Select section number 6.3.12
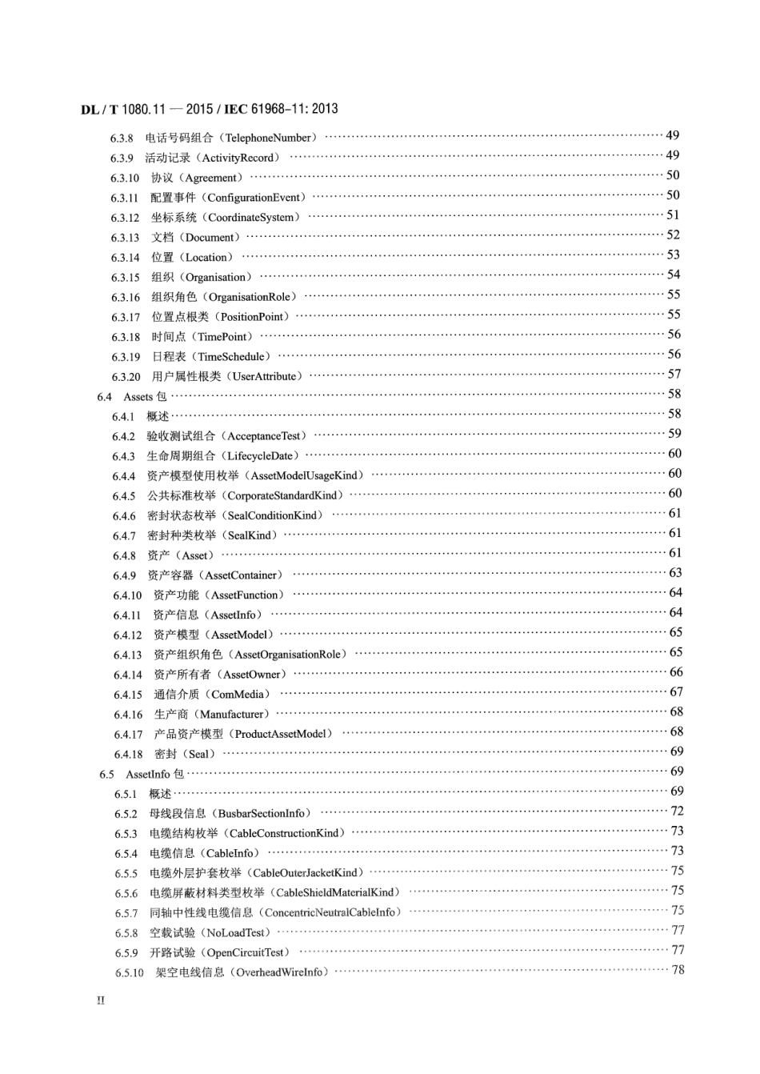point(125,218)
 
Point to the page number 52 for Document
point(673,235)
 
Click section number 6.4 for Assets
point(105,396)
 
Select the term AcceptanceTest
point(266,436)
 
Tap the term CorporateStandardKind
point(284,495)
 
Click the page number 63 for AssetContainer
point(675,573)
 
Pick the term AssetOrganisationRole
point(287,655)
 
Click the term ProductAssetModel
point(280,734)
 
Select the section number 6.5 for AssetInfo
point(107,774)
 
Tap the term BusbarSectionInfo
point(261,813)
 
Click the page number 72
point(677,812)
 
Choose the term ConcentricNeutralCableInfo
point(329,912)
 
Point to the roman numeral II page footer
point(101,1001)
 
